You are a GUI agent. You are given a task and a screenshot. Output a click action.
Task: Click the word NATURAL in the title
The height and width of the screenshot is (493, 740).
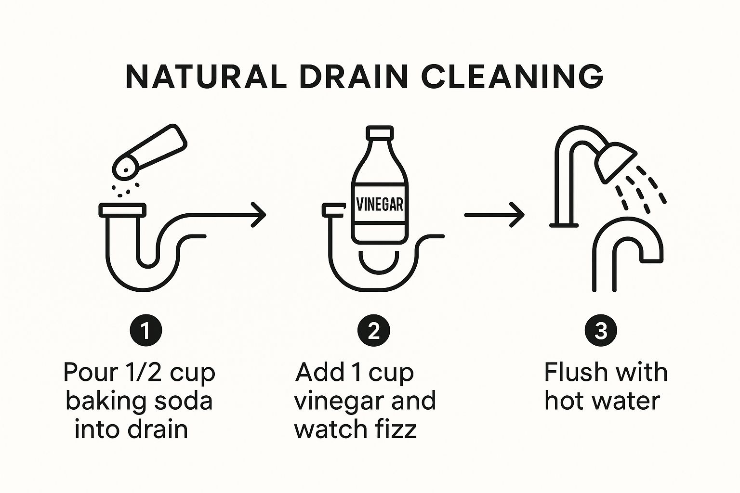pos(206,77)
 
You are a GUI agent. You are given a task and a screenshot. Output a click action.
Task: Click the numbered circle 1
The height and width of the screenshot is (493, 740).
pos(146,330)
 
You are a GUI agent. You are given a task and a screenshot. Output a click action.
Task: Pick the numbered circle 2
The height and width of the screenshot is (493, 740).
pos(374,330)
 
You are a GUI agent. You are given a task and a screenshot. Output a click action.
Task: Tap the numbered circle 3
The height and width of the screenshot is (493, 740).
pos(601,330)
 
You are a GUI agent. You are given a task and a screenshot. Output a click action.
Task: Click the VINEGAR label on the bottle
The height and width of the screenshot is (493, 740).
pos(380,205)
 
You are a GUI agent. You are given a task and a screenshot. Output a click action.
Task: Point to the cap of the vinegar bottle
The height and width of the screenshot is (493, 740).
pos(380,132)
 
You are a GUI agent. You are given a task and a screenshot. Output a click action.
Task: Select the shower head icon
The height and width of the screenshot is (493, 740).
pos(616,162)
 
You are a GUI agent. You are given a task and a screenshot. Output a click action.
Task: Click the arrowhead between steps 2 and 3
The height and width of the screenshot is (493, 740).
pos(518,215)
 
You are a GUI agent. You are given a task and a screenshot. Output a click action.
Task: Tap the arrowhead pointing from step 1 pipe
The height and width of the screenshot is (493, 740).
pos(259,215)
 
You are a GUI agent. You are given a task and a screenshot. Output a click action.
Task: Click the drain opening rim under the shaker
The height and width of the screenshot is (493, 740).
pos(122,210)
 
